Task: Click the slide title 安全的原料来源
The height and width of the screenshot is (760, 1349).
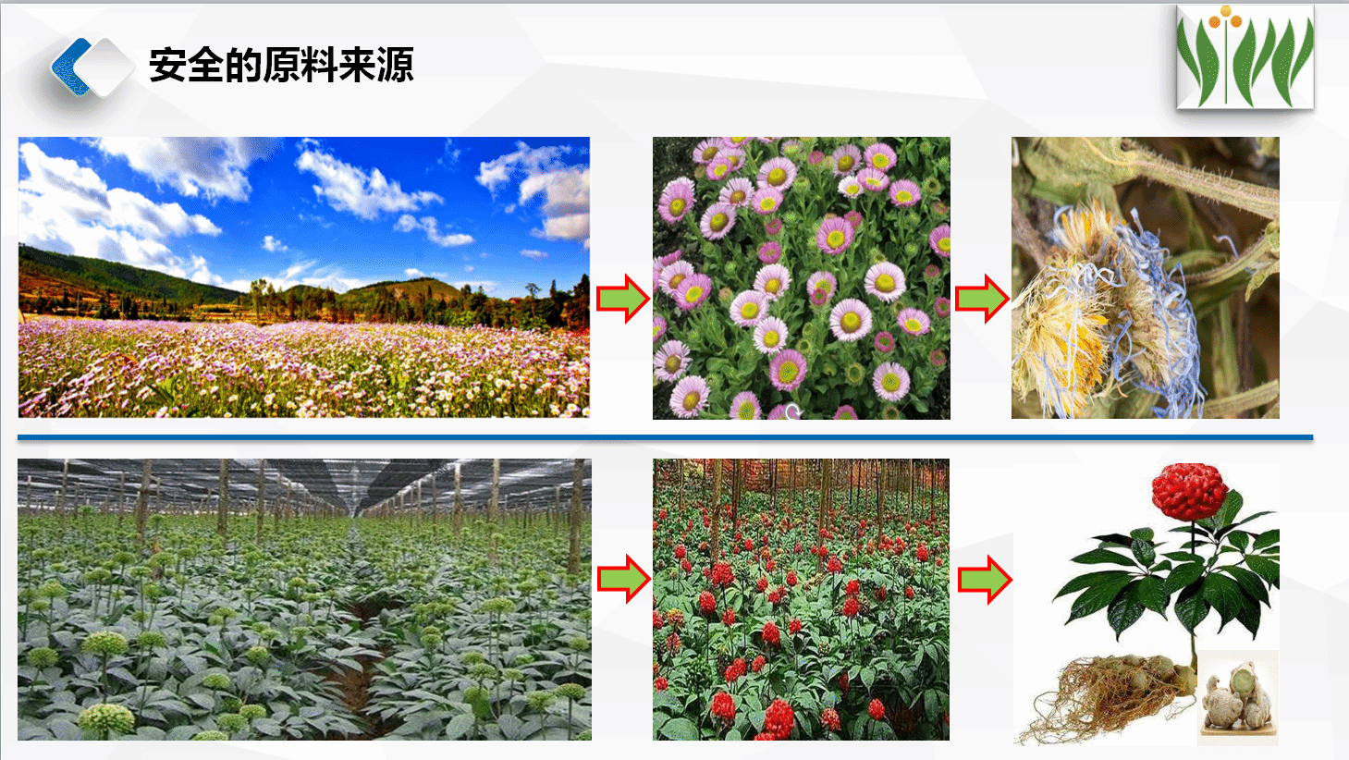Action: (x=281, y=65)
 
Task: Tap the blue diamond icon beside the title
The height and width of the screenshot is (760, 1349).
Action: (x=92, y=67)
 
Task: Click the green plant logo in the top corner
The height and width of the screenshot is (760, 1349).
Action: (x=1245, y=57)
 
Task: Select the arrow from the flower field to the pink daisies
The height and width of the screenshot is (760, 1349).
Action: (x=622, y=299)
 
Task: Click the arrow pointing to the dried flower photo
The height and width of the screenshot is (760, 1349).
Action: (x=982, y=299)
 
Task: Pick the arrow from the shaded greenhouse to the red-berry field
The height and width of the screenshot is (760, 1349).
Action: (x=624, y=580)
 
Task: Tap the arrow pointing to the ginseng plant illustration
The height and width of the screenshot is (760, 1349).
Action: (x=985, y=580)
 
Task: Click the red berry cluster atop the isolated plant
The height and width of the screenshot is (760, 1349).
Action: (x=1189, y=491)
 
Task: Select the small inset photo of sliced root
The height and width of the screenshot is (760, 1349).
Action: (x=1238, y=696)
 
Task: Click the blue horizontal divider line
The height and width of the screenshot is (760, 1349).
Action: (x=666, y=437)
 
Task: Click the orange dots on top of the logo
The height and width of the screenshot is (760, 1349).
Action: (x=1225, y=18)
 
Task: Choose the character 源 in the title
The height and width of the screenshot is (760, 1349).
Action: (x=396, y=65)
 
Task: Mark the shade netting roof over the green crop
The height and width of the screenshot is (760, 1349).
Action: (x=304, y=484)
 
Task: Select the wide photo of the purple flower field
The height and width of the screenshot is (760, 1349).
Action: (x=304, y=277)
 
